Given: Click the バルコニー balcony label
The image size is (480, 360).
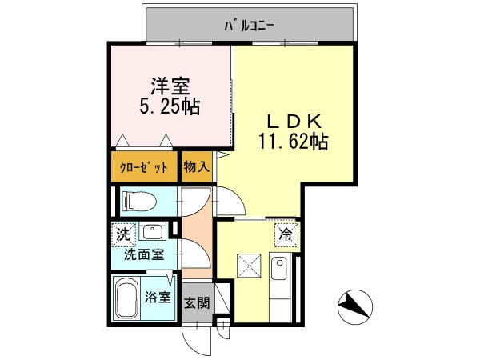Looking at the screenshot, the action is (x=249, y=26).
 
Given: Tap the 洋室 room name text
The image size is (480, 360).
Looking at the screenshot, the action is (x=170, y=86).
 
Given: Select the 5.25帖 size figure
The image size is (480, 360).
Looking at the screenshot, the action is (x=170, y=106).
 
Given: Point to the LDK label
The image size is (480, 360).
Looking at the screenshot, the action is (x=294, y=122).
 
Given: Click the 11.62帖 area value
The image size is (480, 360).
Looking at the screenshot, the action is (x=294, y=141).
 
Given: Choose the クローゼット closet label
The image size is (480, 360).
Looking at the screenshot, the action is (x=144, y=167).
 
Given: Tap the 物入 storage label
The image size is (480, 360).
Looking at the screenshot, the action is (x=197, y=167).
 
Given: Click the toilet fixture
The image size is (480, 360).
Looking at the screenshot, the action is (x=139, y=201).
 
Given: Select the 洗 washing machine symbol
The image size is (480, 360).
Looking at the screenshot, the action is (x=123, y=234).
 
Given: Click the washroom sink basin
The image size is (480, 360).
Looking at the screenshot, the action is (x=153, y=232).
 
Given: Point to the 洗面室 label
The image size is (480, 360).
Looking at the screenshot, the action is (x=144, y=254).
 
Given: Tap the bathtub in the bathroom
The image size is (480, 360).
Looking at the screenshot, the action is (x=126, y=298).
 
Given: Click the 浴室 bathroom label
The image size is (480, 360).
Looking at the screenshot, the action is (x=158, y=297).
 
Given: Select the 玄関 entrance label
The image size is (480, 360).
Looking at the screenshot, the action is (x=197, y=302).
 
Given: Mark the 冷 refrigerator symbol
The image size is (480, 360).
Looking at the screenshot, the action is (x=286, y=234).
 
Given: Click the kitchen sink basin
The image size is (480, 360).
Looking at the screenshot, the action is (x=279, y=269).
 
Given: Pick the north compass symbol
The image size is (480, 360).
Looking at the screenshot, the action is (x=355, y=307).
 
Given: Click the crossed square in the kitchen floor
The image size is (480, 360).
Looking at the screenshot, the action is (x=249, y=266).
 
